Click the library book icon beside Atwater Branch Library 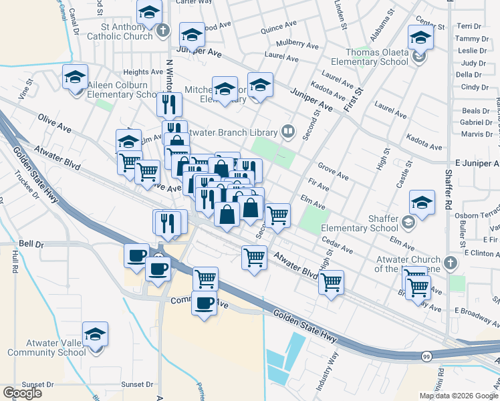[288, 131]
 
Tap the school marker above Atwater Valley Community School [96, 335]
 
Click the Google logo [22, 393]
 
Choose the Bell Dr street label [31, 244]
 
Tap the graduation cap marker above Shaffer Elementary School [422, 202]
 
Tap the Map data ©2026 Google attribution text [459, 396]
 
